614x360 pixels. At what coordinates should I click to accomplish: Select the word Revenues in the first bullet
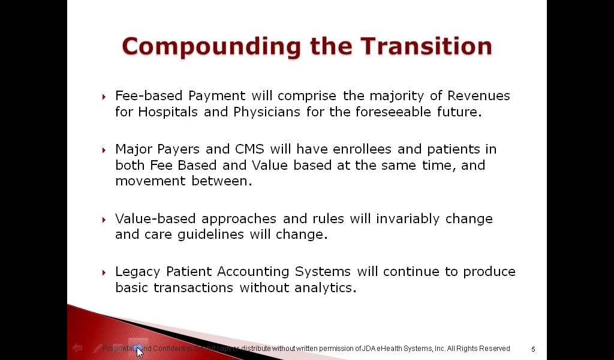click(478, 96)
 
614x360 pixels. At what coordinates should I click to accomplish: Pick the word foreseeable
click(411, 112)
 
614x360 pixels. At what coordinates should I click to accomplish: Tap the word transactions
click(194, 288)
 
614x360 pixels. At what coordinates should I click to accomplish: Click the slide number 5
click(533, 349)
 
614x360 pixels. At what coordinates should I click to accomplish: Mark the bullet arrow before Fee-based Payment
click(104, 97)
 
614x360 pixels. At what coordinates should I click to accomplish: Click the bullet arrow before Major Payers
click(104, 150)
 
